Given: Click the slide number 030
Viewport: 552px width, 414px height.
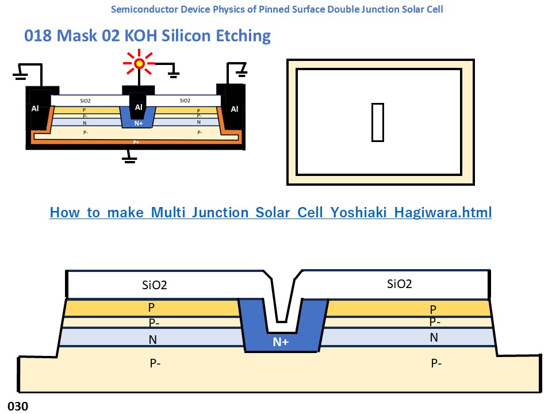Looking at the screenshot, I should click(17, 406).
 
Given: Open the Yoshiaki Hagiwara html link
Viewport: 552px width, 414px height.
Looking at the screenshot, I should click(270, 212).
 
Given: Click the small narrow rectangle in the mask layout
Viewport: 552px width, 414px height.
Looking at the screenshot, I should click(377, 122).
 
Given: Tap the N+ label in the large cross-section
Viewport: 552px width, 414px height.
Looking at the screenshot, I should click(281, 343).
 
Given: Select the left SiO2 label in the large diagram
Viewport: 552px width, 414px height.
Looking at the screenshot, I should click(155, 285).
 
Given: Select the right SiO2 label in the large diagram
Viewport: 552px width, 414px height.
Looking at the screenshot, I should click(400, 283).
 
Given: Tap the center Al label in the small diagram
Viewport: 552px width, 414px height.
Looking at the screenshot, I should click(138, 107).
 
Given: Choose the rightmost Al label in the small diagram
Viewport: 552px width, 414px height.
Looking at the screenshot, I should click(234, 109).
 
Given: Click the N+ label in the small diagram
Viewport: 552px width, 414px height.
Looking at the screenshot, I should click(138, 122).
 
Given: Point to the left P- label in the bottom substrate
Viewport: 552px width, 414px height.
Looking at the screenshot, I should click(155, 363).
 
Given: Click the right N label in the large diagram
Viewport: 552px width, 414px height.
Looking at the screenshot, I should click(434, 338).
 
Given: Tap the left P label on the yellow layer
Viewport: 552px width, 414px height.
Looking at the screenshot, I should click(151, 308).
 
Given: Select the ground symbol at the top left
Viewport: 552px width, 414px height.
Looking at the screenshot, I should click(20, 75).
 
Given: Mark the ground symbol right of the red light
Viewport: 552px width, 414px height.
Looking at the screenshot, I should click(172, 74).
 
